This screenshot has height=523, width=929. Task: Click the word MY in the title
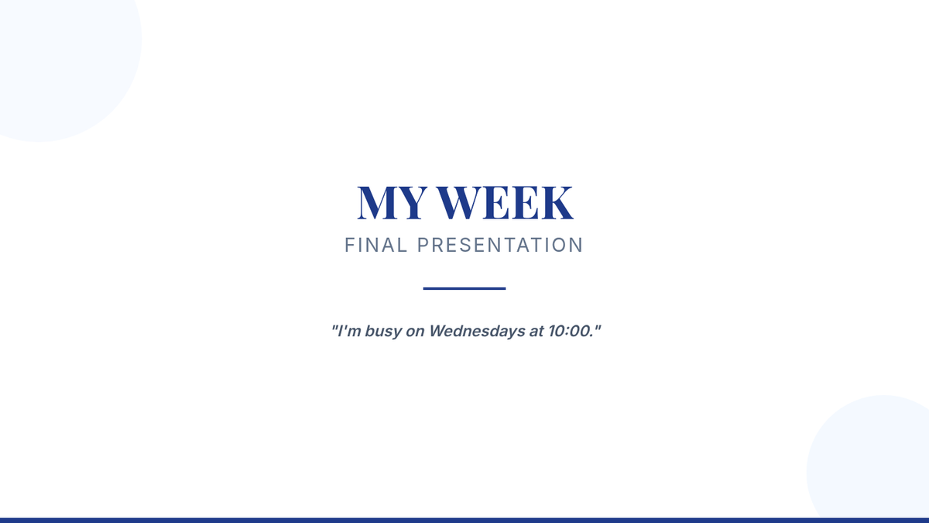393,202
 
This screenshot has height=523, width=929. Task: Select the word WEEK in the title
506,202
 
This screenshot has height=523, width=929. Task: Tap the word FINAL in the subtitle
375,245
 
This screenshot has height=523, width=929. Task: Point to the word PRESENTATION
500,245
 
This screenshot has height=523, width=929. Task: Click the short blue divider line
464,288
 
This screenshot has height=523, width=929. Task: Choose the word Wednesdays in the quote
477,332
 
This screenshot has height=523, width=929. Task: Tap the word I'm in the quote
349,332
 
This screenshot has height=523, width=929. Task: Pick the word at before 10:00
536,332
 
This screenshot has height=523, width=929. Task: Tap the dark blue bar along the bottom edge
464,521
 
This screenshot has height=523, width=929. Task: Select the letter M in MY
375,202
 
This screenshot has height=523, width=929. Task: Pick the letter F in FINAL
350,245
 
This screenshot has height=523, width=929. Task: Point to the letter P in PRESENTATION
423,245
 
